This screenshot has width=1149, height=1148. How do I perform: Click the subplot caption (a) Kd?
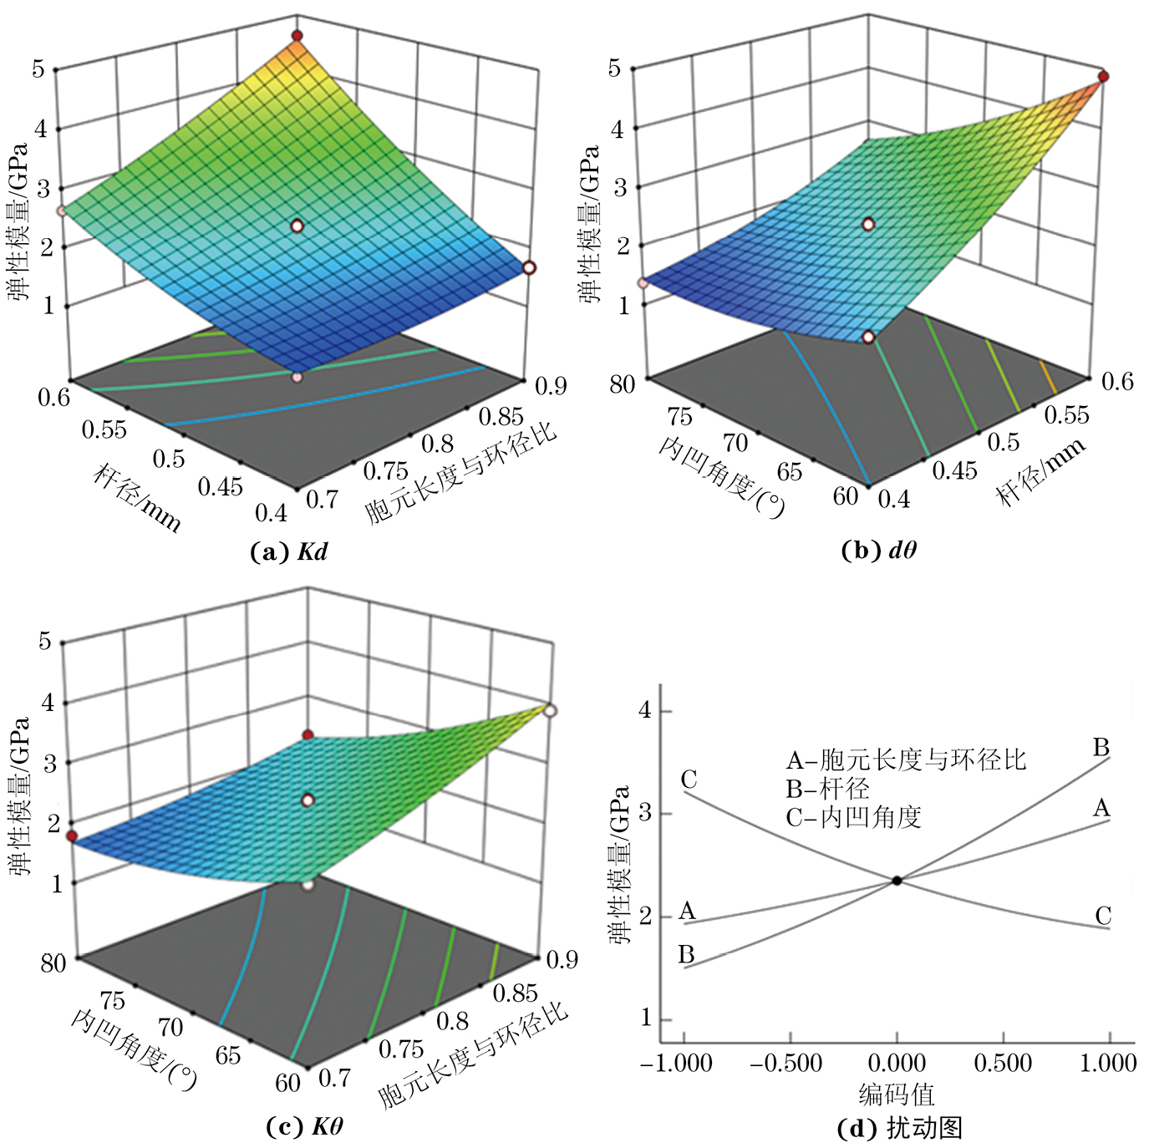pyautogui.click(x=288, y=551)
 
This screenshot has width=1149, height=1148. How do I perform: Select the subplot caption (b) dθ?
pyautogui.click(x=878, y=550)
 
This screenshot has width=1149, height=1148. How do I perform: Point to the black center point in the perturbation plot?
pyautogui.click(x=897, y=881)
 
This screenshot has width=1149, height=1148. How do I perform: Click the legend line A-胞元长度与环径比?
pyautogui.click(x=906, y=759)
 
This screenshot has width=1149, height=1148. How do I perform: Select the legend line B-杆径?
pyautogui.click(x=827, y=788)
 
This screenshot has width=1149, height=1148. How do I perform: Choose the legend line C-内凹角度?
pyautogui.click(x=853, y=816)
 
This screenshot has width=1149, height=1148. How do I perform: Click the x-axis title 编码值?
pyautogui.click(x=897, y=1094)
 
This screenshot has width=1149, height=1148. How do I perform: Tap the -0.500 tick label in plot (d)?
pyautogui.click(x=786, y=1064)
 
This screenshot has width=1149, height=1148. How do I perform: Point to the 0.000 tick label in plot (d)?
pyautogui.click(x=897, y=1064)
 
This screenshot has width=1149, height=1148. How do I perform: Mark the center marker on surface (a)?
pyautogui.click(x=297, y=226)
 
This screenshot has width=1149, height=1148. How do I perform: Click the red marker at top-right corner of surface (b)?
pyautogui.click(x=1103, y=77)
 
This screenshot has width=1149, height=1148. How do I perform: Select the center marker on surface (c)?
pyautogui.click(x=308, y=800)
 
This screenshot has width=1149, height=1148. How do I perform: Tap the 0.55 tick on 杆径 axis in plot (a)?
pyautogui.click(x=104, y=429)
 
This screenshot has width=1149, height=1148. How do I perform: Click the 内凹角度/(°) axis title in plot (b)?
pyautogui.click(x=723, y=475)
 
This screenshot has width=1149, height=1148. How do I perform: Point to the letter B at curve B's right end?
pyautogui.click(x=1101, y=747)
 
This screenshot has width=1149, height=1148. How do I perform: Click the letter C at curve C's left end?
pyautogui.click(x=689, y=780)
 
